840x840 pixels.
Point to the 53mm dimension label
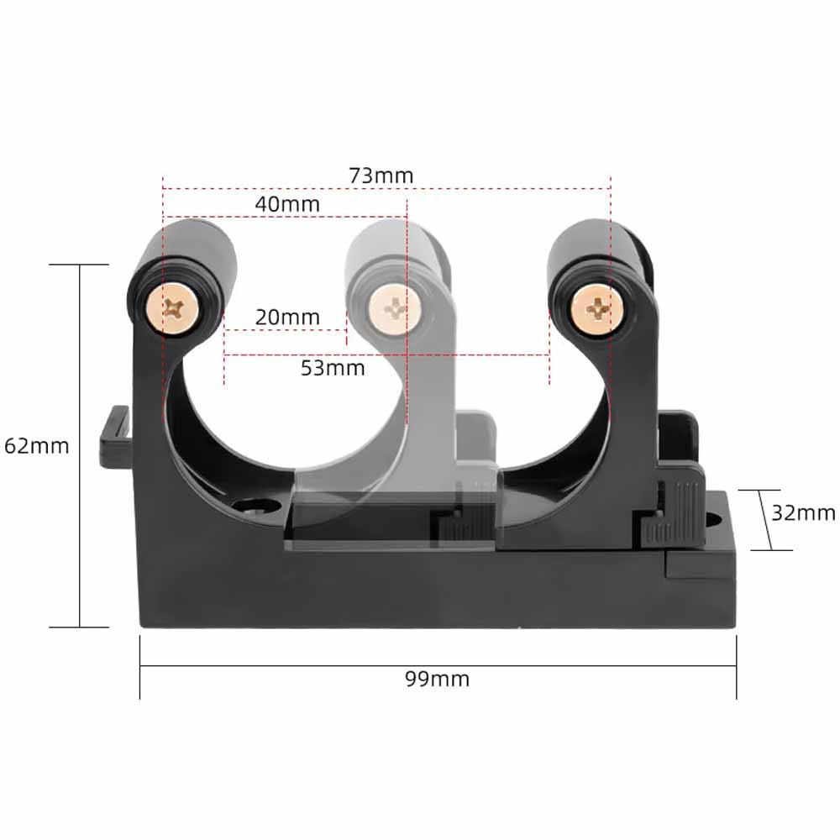(333, 368)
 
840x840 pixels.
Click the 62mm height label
(37, 445)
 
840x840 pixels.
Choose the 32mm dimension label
(803, 512)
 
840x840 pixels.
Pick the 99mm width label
(438, 679)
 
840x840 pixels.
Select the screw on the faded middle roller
(391, 307)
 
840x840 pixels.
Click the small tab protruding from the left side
(114, 437)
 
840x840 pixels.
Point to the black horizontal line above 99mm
(438, 666)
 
